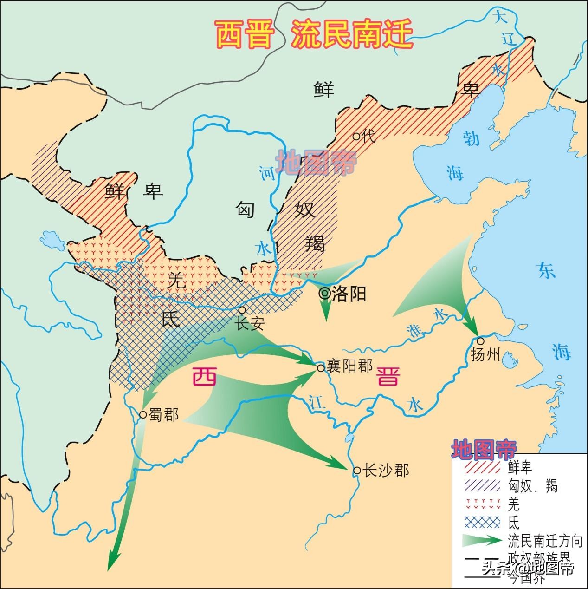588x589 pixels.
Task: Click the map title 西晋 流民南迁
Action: pos(314,35)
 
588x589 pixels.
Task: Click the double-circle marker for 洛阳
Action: pos(324,293)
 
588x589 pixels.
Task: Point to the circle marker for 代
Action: pos(356,136)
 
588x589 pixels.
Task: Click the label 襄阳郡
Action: pos(349,366)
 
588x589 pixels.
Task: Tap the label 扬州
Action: pos(485,355)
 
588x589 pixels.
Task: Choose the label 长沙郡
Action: pos(386,470)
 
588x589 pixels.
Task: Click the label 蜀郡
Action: pos(163,414)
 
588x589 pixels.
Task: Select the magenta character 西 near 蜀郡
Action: pos(204,376)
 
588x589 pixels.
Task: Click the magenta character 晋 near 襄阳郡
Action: pos(388,376)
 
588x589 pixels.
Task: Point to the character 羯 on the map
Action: pos(315,242)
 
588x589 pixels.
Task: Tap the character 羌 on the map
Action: pos(176,280)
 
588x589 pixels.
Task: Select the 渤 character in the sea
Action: pos(471,137)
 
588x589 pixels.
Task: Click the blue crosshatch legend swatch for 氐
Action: pos(482,523)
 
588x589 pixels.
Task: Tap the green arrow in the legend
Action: pos(482,541)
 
